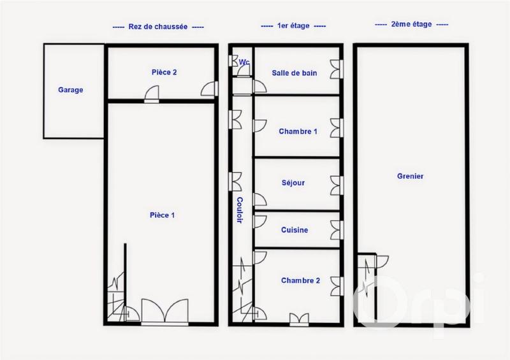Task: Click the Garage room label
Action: [x=71, y=90]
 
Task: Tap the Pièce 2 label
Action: [x=164, y=73]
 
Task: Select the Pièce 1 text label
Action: [x=163, y=215]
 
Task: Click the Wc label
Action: [x=244, y=62]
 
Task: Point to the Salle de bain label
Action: [x=294, y=73]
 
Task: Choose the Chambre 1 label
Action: [x=298, y=132]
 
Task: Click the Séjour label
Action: [x=293, y=183]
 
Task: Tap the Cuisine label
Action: [x=295, y=230]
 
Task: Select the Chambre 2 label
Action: [x=300, y=280]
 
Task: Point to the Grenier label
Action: [x=410, y=176]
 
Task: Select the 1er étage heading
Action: [x=293, y=26]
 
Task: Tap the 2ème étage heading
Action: [x=411, y=24]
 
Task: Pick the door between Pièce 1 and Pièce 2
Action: [x=152, y=96]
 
